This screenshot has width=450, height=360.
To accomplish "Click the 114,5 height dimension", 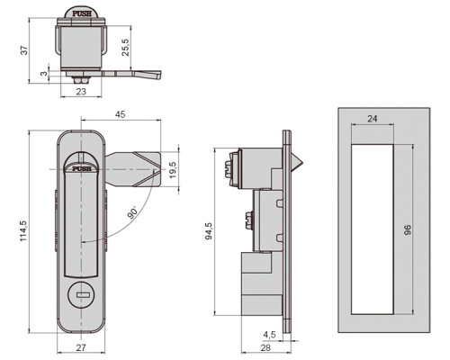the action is point(23,231).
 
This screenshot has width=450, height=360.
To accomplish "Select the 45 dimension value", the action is point(121,114).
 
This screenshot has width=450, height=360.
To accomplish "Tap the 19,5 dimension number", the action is point(173,170).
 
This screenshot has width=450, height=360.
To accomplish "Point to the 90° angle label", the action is point(132,211).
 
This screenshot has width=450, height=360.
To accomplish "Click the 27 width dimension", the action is point(81,347).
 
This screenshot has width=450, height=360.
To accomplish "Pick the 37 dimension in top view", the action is point(24,49).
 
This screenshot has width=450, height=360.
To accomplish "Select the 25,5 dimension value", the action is point(125,48).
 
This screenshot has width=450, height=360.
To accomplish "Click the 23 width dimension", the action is point(81,92).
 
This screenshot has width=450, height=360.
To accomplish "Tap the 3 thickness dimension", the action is point(44,73).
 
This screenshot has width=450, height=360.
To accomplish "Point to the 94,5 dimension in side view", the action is point(209,230).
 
